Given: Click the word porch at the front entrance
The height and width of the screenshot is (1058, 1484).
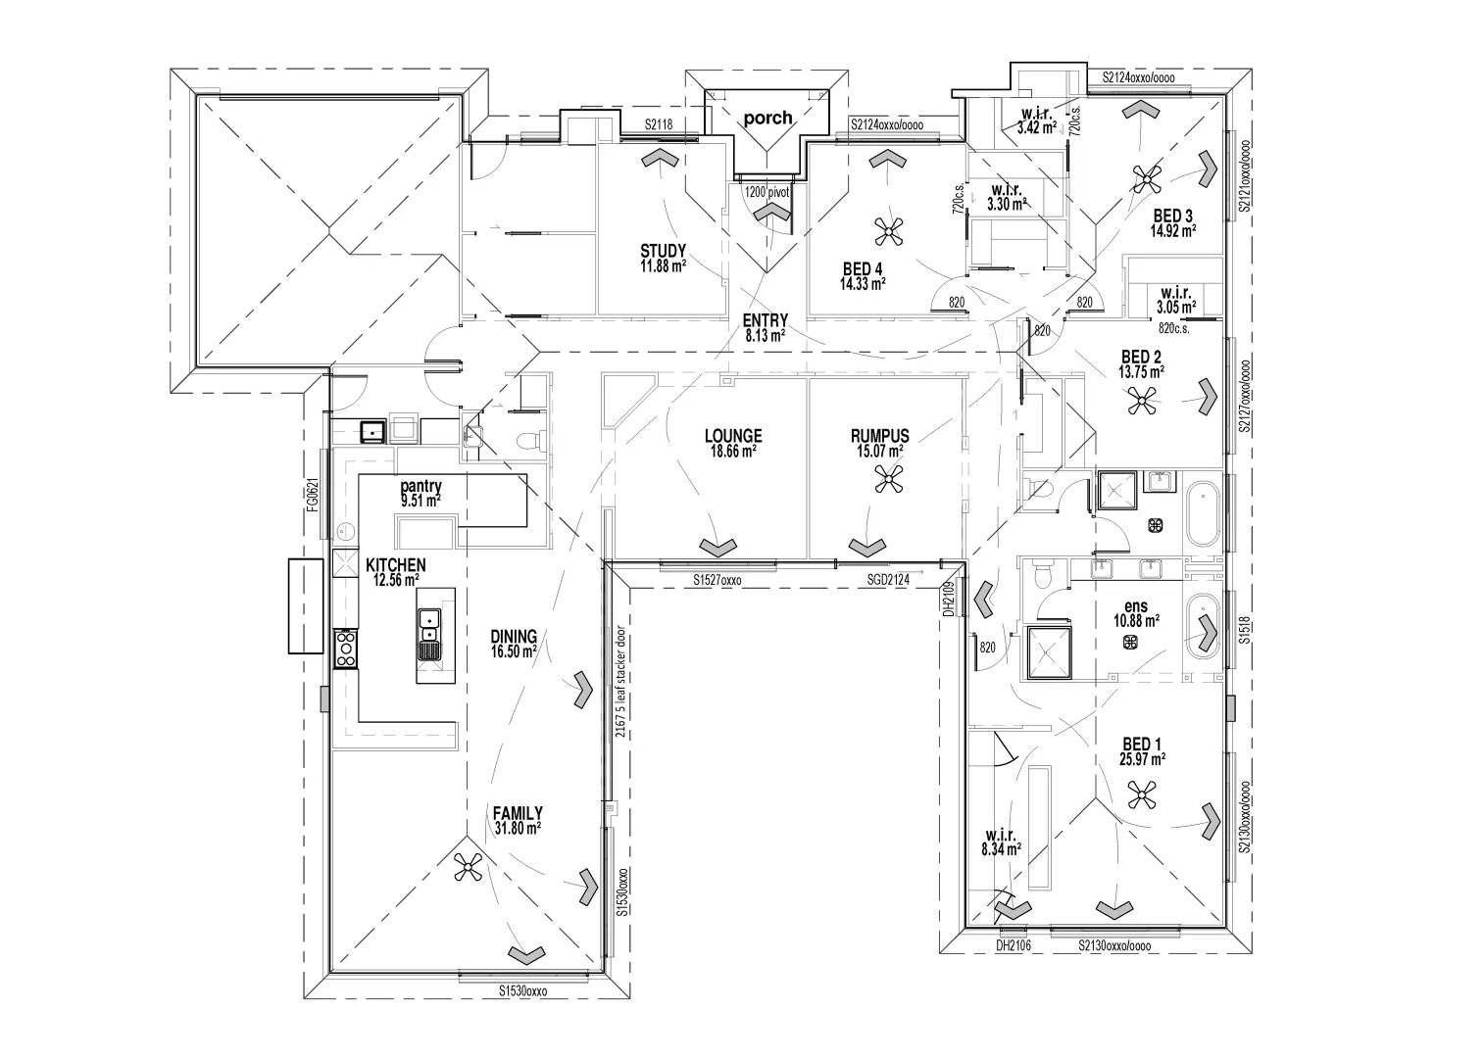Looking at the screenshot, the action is pos(767,118).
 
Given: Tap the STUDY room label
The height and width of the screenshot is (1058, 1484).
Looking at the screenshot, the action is pos(663,251).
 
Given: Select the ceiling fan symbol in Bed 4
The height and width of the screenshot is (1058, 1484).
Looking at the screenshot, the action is pos(888,232).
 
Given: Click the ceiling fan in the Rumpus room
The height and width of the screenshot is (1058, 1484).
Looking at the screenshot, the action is pos(888,479).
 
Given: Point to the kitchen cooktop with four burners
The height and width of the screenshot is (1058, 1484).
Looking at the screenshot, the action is pos(346,649).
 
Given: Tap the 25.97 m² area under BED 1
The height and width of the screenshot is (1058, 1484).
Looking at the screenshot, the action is pos(1142,759).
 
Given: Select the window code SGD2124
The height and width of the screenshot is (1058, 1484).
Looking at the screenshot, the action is pos(888,580).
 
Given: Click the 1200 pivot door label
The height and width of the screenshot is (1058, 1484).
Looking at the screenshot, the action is pos(767,193).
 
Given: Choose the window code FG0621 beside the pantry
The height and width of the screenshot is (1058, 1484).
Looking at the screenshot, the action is pos(314,494).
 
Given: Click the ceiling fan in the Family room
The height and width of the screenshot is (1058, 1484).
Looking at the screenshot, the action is pos(468,867).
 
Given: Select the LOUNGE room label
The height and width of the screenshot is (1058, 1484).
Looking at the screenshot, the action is pos(733,436).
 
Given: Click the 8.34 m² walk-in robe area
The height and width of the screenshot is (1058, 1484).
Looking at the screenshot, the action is pos(1001,849).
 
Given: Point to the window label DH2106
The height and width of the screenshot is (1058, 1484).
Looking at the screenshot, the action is pos(1014,946).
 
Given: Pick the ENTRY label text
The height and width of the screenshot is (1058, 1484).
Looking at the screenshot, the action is pos(766,320).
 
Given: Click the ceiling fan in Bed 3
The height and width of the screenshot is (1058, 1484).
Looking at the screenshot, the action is pos(1147,178).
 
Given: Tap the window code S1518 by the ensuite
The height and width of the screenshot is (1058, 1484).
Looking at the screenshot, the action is pos(1244,630).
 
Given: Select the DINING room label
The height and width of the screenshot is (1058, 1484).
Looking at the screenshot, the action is pos(514,636).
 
